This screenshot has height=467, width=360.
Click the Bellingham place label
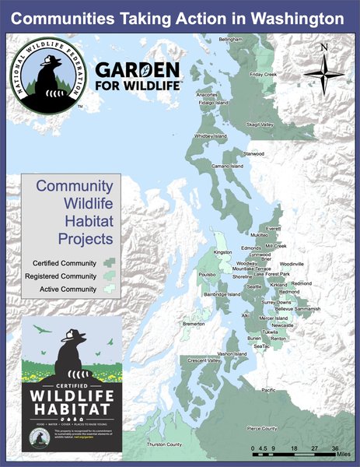coord(230,39)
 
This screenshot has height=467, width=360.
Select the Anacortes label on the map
coord(206,95)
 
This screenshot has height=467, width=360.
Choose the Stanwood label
coord(253,154)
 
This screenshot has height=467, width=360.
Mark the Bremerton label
coord(194,323)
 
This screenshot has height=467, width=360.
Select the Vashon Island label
coord(232,354)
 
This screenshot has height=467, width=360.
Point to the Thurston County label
coord(164,444)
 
